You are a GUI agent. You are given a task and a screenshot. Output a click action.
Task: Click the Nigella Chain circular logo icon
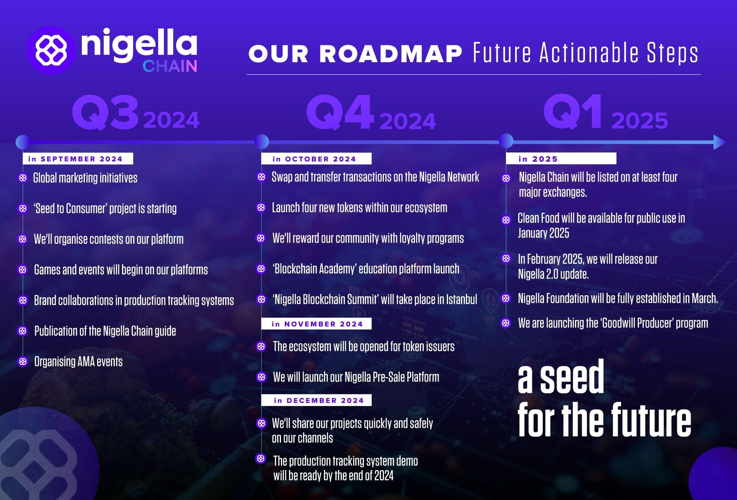pyautogui.click(x=51, y=50)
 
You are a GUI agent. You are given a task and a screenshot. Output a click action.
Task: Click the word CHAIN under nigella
pyautogui.click(x=170, y=66)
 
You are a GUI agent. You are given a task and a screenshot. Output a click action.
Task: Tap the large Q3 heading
pyautogui.click(x=105, y=113)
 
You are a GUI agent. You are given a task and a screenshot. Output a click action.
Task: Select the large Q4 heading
pyautogui.click(x=340, y=113)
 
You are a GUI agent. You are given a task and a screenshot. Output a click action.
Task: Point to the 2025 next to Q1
pyautogui.click(x=640, y=121)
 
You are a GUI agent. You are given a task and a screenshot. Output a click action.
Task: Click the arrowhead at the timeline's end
pyautogui.click(x=719, y=142)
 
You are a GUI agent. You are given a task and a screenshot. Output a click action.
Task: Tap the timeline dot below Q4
pyautogui.click(x=261, y=142)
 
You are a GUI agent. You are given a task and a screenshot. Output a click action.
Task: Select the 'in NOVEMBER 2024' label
pyautogui.click(x=316, y=324)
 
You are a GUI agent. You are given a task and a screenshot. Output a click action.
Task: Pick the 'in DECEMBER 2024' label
pyautogui.click(x=316, y=400)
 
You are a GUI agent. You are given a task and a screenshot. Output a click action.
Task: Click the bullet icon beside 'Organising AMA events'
pyautogui.click(x=23, y=361)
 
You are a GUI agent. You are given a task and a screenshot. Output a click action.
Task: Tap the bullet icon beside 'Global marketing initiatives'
pyautogui.click(x=23, y=178)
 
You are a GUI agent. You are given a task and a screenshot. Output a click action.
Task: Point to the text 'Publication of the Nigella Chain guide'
pyautogui.click(x=105, y=331)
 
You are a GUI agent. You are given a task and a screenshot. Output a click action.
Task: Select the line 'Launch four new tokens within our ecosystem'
pyautogui.click(x=360, y=208)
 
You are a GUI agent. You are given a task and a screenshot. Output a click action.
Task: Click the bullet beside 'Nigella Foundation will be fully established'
pyautogui.click(x=506, y=298)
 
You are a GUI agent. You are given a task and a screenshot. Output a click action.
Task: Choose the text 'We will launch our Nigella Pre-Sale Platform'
pyautogui.click(x=356, y=377)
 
